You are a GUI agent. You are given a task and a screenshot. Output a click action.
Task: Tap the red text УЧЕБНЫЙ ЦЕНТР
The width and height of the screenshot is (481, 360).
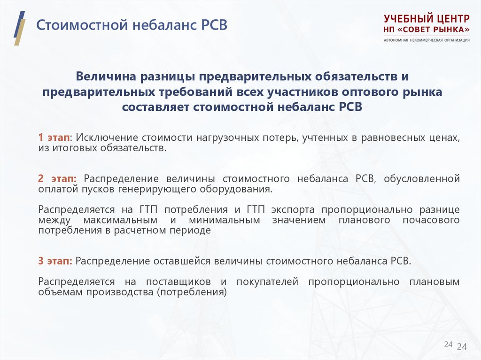pyautogui.click(x=426, y=19)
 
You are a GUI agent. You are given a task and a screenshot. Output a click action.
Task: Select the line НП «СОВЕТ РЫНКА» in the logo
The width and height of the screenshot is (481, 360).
pyautogui.click(x=426, y=30)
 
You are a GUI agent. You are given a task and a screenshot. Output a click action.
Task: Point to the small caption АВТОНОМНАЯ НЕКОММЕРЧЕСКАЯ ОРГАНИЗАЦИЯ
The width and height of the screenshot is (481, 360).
pyautogui.click(x=426, y=40)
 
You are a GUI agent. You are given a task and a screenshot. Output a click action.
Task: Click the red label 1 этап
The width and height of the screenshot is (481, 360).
pyautogui.click(x=54, y=138)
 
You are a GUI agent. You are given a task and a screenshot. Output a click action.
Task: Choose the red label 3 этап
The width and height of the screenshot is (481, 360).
pyautogui.click(x=55, y=261)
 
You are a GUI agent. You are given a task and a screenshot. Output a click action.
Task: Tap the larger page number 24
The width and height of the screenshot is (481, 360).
pyautogui.click(x=462, y=347)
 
